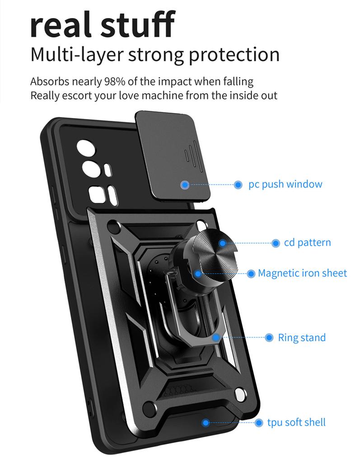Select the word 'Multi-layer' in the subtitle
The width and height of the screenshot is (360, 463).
tap(77, 55)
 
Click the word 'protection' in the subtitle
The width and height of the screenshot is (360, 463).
tap(234, 55)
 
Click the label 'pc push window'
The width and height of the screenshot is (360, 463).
tap(285, 184)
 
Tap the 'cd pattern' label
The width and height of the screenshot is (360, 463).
tap(307, 243)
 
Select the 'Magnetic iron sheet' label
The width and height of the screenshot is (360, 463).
tap(302, 273)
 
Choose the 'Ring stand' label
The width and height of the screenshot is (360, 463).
tap(301, 338)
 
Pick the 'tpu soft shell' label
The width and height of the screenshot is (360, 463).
tap(296, 423)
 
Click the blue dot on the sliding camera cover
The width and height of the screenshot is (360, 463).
tap(185, 184)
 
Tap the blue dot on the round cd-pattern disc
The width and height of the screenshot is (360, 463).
tap(223, 243)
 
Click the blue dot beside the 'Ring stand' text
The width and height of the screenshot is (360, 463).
tap(269, 338)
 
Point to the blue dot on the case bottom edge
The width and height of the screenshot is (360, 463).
tap(206, 423)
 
